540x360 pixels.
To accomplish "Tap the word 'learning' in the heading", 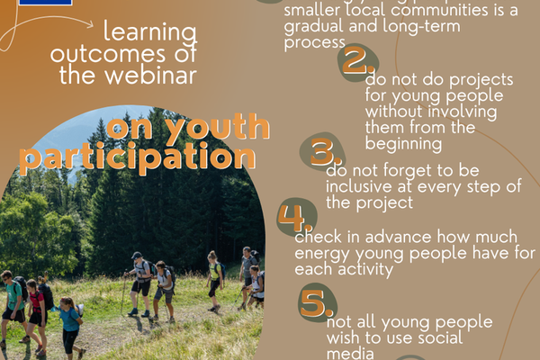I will pyautogui.click(x=149, y=33).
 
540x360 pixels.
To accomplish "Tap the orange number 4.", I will pyautogui.click(x=292, y=217).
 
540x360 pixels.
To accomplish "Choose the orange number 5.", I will pyautogui.click(x=316, y=303).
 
